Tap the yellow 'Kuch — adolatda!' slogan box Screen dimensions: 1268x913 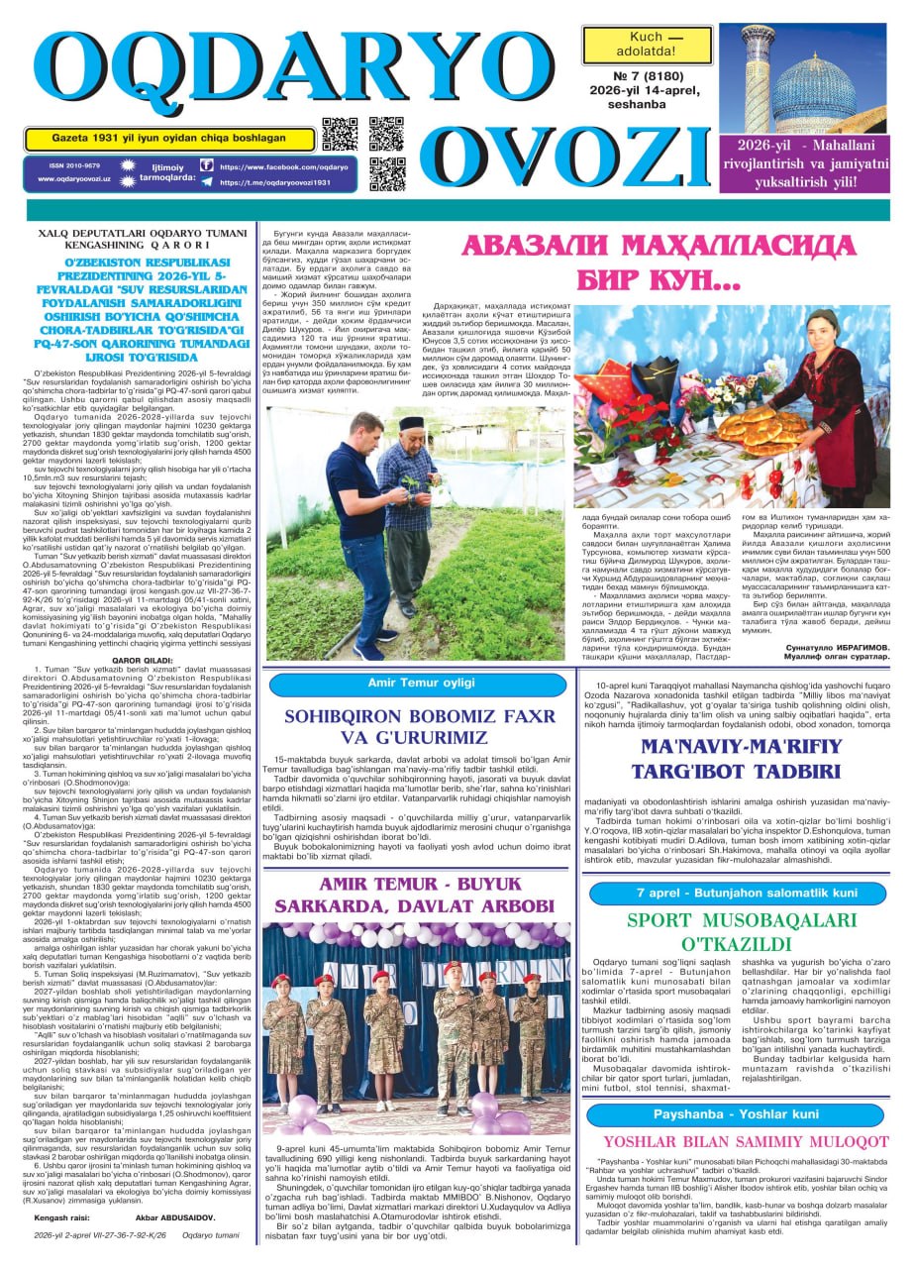click(647, 46)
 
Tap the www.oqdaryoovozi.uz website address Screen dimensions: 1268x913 click(74, 179)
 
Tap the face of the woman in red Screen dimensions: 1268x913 click(826, 329)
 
